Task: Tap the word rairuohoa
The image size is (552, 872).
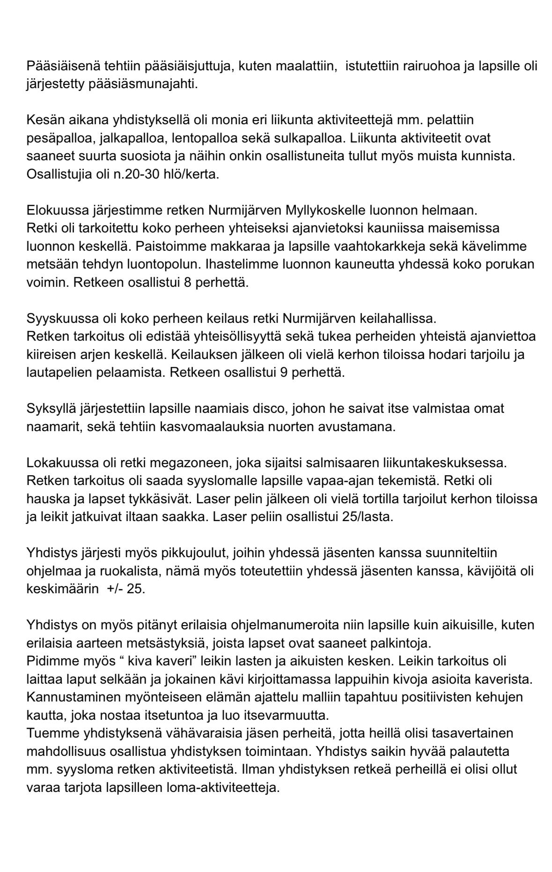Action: point(412,66)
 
